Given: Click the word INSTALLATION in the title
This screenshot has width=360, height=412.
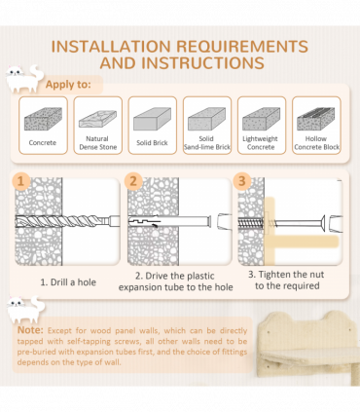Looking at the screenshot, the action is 111,47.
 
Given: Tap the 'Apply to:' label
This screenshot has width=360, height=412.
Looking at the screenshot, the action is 68,85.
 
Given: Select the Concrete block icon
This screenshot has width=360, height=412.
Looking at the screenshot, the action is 43,119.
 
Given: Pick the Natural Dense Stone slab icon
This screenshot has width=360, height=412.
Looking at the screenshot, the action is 97,119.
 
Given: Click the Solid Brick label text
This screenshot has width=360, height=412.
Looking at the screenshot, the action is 152,143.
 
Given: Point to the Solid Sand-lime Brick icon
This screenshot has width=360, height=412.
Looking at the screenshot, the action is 206,119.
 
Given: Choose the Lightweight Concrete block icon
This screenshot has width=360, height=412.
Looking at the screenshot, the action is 262,119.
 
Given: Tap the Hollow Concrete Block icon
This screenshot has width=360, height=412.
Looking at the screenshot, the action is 316,119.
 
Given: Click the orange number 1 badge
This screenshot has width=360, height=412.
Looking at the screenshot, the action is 20,181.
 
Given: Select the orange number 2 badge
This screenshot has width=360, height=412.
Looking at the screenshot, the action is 133,181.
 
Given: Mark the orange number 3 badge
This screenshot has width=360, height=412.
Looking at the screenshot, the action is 241,181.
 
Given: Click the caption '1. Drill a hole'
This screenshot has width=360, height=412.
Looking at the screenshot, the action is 68,282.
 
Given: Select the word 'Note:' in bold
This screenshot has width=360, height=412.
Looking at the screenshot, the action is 30,330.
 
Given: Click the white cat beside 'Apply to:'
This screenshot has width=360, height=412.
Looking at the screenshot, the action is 24,79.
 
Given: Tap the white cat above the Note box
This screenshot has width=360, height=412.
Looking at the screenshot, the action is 26,310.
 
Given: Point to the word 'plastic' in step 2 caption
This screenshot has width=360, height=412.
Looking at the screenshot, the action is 200,276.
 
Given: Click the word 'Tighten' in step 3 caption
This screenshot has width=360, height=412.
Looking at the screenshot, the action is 273,275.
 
